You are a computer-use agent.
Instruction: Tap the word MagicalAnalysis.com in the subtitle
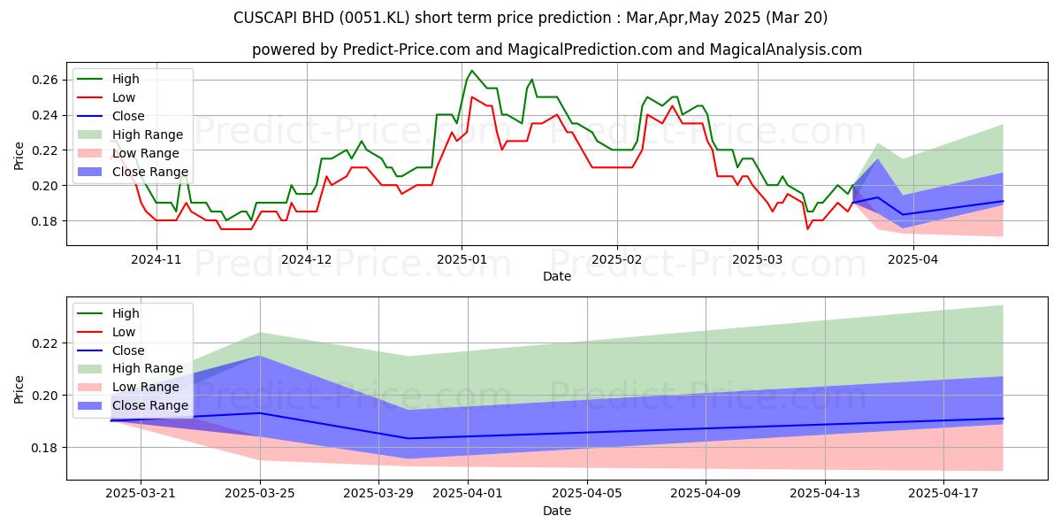coord(785,50)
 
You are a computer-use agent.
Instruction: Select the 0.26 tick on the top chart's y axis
coord(45,81)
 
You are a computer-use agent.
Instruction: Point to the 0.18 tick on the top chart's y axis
coord(45,221)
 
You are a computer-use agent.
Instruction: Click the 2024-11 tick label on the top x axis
coord(156,259)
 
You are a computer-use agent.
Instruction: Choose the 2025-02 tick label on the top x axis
coord(617,259)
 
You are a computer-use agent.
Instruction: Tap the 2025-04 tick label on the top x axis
coord(912,259)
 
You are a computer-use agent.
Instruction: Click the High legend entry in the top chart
coord(126,79)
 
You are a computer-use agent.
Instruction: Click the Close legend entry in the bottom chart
coord(128,350)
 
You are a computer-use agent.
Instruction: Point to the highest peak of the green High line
coord(471,71)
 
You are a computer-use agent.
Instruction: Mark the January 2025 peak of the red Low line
coord(471,97)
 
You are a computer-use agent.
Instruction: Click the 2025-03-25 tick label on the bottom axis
coord(260,494)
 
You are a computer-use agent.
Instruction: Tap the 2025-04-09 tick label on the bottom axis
coord(706,494)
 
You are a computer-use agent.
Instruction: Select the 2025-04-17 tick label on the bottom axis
coord(943,494)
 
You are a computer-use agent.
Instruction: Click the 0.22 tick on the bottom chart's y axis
coord(45,343)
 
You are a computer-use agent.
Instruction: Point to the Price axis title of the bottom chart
coord(19,389)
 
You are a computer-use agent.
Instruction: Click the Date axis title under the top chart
coord(557,276)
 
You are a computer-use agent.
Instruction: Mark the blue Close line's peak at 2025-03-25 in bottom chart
coord(260,413)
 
